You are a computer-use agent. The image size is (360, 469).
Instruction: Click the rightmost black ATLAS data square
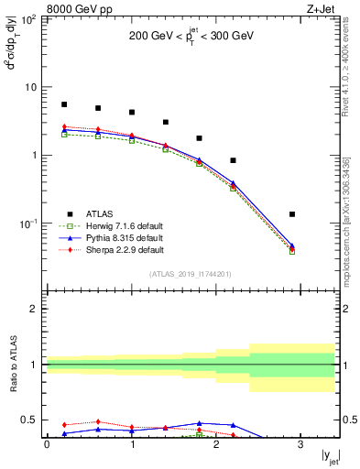tap(292, 214)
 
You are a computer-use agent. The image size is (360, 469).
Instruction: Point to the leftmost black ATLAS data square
tap(64, 104)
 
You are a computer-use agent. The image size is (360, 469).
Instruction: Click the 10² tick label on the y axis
tap(30, 19)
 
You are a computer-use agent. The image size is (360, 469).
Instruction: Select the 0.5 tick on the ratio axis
tap(33, 420)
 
